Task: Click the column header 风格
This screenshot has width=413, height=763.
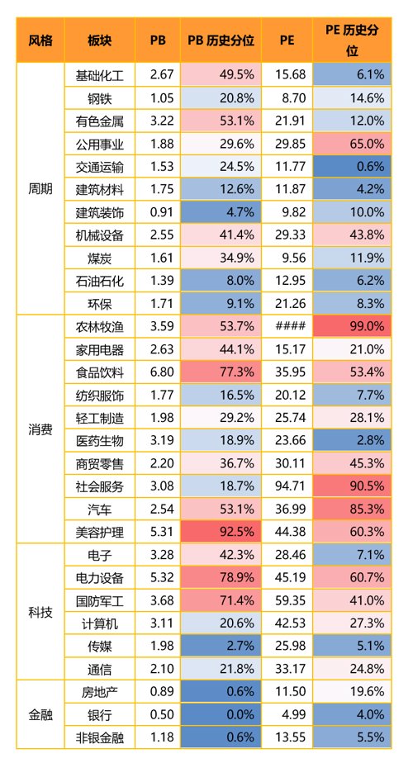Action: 40,40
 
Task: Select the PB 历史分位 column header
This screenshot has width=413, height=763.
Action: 221,40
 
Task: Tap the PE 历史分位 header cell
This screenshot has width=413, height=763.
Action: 352,40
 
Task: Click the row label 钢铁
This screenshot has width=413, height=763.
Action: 99,98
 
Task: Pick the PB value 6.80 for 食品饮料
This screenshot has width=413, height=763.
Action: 162,372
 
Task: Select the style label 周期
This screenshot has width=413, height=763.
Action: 40,189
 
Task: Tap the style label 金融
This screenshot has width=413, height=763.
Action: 40,715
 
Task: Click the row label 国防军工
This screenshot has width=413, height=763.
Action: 99,601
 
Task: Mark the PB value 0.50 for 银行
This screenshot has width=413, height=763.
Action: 162,715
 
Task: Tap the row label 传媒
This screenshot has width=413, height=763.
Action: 99,647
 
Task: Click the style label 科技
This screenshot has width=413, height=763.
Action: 40,612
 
